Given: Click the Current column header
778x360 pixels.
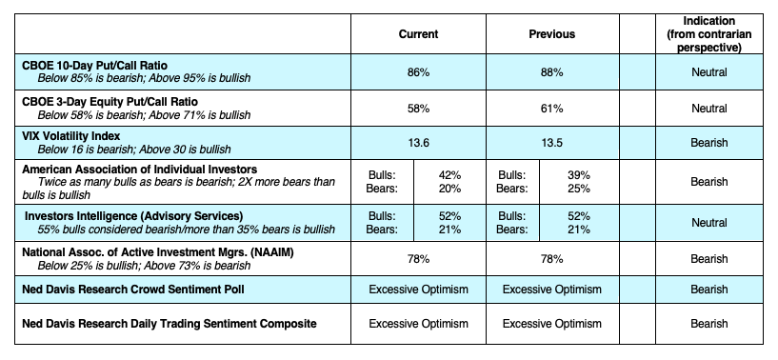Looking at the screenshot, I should click(418, 34).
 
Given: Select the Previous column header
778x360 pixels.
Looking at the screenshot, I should click(551, 34).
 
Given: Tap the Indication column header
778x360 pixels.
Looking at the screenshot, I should click(708, 34).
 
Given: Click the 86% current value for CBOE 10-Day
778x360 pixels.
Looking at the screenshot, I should click(418, 71).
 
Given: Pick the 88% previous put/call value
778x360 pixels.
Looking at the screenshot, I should click(551, 71).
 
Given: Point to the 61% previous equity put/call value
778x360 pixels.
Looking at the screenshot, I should click(551, 109).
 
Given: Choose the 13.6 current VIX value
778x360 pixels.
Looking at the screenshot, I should click(418, 143).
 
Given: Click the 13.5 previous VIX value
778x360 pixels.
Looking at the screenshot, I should click(551, 143).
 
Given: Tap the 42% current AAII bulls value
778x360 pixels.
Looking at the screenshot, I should click(449, 175).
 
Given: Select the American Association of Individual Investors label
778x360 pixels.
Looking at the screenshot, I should click(132, 169).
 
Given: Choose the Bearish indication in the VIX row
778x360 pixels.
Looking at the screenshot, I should click(708, 143).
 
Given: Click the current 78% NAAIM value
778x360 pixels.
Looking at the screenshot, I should click(418, 258).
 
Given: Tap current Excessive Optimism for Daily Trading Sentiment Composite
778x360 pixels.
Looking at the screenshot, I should click(418, 325).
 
